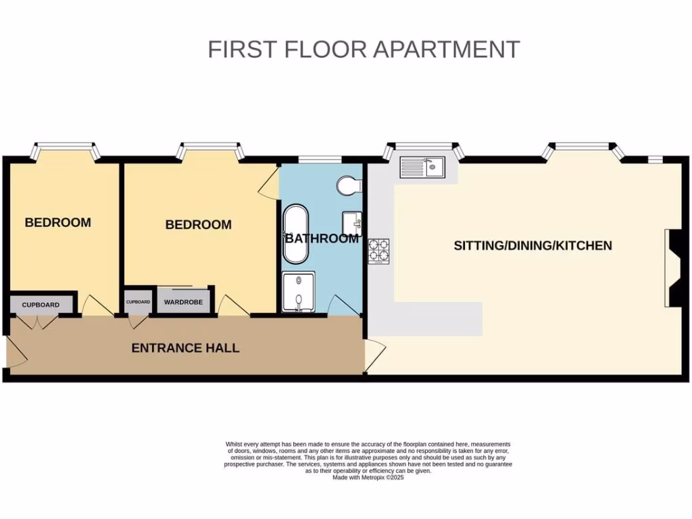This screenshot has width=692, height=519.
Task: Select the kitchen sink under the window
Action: [422, 167]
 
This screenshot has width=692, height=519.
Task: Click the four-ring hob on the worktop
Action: [379, 251]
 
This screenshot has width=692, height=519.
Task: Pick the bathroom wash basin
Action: [353, 222]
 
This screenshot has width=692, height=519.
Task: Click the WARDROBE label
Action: [183, 301]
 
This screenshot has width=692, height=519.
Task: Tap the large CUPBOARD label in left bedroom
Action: [41, 305]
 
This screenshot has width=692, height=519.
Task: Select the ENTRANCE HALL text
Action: [185, 348]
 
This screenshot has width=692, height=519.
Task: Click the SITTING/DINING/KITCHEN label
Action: [533, 245]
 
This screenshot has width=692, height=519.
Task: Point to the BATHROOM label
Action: [322, 239]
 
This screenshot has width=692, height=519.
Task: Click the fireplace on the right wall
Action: [673, 268]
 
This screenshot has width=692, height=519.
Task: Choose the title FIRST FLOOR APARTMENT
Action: [364, 49]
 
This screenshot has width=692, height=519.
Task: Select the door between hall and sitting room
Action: [375, 355]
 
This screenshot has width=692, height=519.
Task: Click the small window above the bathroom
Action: [320, 159]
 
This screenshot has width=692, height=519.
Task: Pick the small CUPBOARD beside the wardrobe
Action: [138, 301]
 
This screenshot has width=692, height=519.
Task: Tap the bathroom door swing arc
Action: [342, 305]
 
